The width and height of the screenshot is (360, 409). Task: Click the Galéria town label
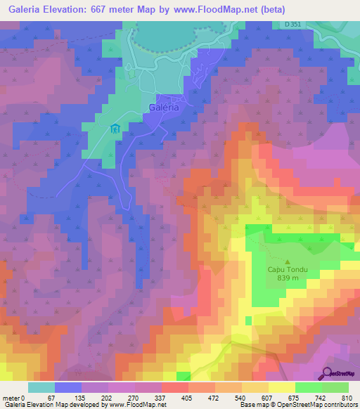point(165,108)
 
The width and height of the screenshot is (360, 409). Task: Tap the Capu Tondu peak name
point(288,269)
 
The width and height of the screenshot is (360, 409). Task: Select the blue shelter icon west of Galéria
point(115,129)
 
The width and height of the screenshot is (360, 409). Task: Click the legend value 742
point(319,398)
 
